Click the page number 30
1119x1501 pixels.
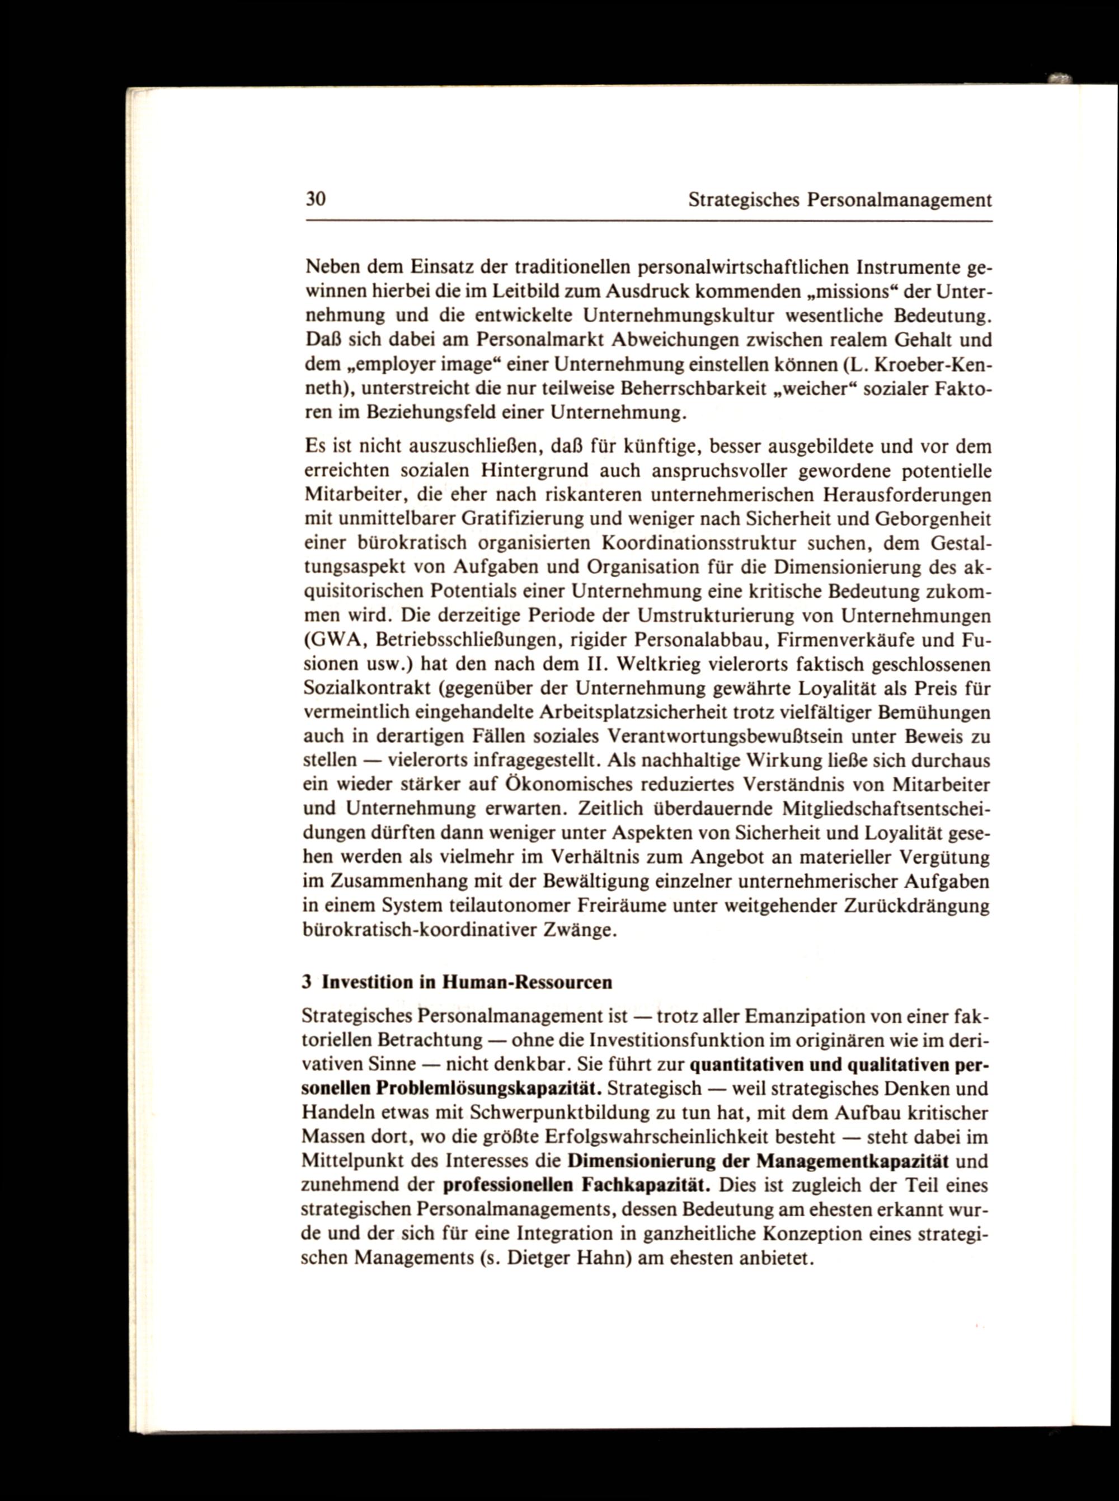(316, 200)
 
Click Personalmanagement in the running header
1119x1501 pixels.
(899, 201)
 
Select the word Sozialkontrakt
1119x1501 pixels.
(366, 689)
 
